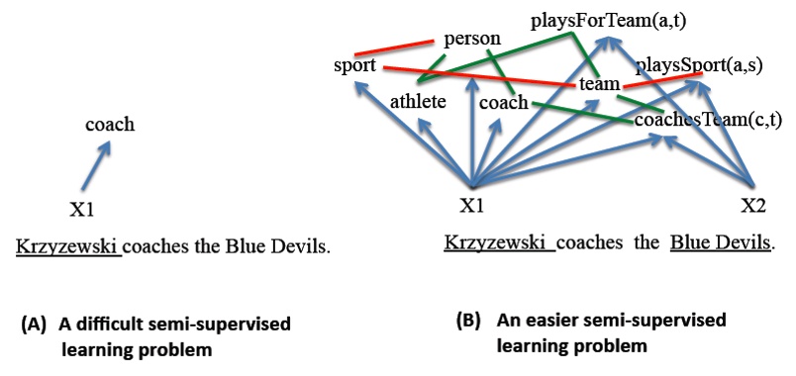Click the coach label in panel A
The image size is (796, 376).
coord(109,125)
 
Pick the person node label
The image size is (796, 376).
coord(472,39)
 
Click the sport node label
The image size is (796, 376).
coord(355,66)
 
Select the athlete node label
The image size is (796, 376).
coord(418,100)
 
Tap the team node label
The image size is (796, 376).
coord(599,85)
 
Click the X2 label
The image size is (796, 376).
coord(754,206)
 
